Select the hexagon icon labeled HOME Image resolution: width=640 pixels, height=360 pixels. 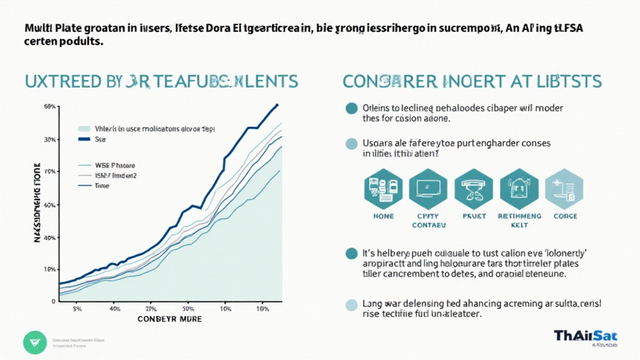[x=382, y=187]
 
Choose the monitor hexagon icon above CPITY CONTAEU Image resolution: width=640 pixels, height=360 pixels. [x=428, y=187]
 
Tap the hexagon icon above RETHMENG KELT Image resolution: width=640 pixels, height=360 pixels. [x=519, y=187]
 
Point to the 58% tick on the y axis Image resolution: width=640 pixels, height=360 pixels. [x=50, y=107]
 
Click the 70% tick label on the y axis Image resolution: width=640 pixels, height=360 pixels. [x=50, y=171]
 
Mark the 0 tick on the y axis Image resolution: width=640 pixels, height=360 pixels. [x=53, y=301]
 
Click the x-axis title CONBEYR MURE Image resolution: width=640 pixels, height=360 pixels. [x=170, y=319]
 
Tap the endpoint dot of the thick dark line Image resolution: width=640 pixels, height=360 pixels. [x=277, y=105]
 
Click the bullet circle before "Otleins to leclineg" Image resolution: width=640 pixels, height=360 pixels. [x=352, y=108]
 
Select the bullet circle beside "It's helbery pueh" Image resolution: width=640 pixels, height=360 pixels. [x=352, y=254]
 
